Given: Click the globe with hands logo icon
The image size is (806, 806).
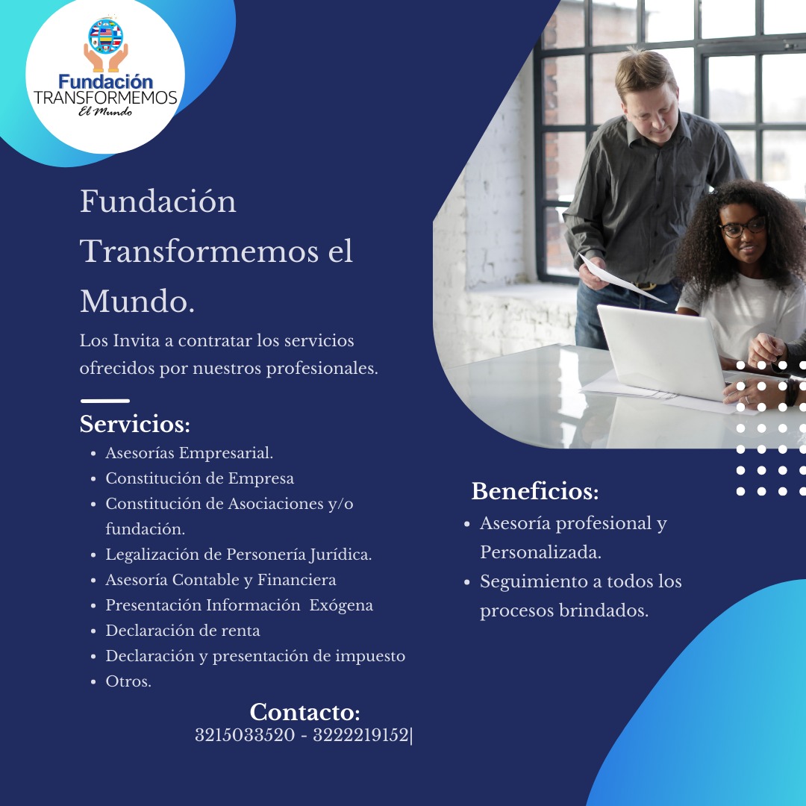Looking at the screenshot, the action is pyautogui.click(x=106, y=44).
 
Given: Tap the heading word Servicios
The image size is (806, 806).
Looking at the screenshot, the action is pyautogui.click(x=134, y=424).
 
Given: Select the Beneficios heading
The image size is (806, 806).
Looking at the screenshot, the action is pyautogui.click(x=535, y=491).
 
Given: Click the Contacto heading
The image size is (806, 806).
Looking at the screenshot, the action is pyautogui.click(x=304, y=712).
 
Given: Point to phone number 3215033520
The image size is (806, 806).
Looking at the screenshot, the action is pyautogui.click(x=245, y=735).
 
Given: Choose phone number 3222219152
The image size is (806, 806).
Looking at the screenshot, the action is pyautogui.click(x=361, y=735).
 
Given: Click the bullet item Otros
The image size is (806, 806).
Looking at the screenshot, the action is pyautogui.click(x=128, y=681).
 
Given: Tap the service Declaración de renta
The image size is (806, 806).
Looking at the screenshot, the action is pyautogui.click(x=183, y=631).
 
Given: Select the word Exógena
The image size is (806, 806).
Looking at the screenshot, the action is pyautogui.click(x=341, y=605).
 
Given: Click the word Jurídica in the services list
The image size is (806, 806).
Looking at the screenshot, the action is pyautogui.click(x=340, y=554).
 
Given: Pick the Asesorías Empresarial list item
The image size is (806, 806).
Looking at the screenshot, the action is pyautogui.click(x=189, y=453).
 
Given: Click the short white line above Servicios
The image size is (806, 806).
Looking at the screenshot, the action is pyautogui.click(x=105, y=401).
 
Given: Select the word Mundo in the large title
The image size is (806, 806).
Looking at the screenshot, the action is pyautogui.click(x=137, y=302).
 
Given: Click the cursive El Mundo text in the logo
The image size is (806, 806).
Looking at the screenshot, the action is pyautogui.click(x=105, y=111).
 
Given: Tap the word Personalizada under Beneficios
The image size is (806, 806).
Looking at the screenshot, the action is pyautogui.click(x=540, y=552).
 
